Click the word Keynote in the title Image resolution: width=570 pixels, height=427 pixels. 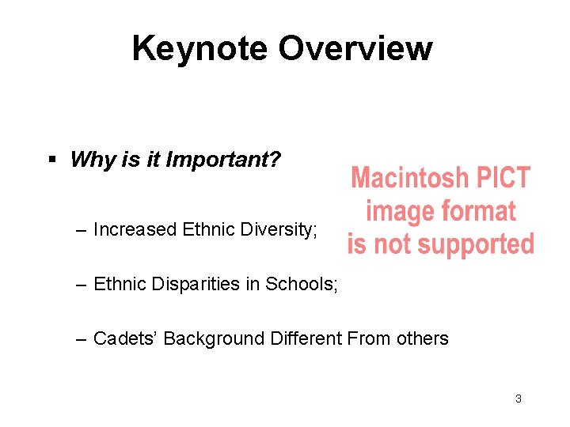click(x=201, y=48)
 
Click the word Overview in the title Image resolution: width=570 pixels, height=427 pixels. click(x=355, y=48)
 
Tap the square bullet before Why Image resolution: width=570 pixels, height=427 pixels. click(x=52, y=160)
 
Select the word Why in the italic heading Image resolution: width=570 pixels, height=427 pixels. click(x=93, y=160)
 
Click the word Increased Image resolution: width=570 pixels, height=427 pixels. click(x=135, y=230)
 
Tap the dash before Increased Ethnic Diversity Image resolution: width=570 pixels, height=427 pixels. click(x=82, y=230)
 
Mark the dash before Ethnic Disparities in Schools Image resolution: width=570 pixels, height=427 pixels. click(x=82, y=285)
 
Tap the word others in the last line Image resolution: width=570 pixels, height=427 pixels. click(x=420, y=339)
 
